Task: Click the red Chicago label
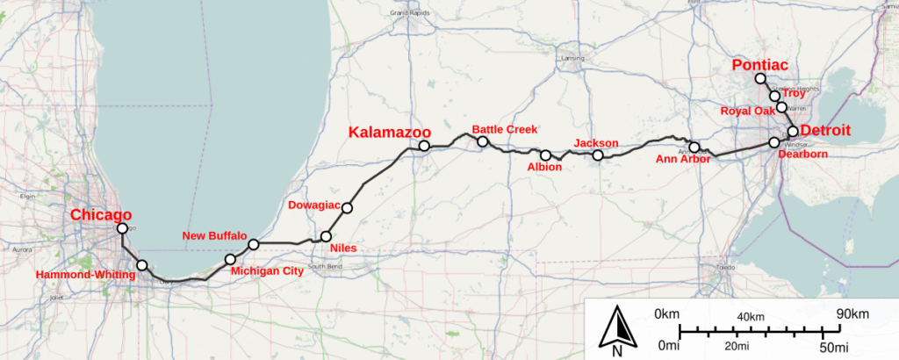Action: point(101,215)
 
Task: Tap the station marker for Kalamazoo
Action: point(424,146)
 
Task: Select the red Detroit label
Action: point(826,131)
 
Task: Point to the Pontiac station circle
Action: point(760,79)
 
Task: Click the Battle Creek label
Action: point(504,129)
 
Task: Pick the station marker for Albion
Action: point(545,155)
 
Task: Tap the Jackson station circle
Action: point(598,155)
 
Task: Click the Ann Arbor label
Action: point(682,159)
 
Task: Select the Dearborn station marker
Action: point(774,142)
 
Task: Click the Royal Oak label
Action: point(748,112)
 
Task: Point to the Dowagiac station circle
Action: point(348,208)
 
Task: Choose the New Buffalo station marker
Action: point(253,244)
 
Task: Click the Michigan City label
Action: point(266,270)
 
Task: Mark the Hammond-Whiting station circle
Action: point(142,265)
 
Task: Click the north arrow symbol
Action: point(617,330)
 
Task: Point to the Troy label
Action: point(794,93)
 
